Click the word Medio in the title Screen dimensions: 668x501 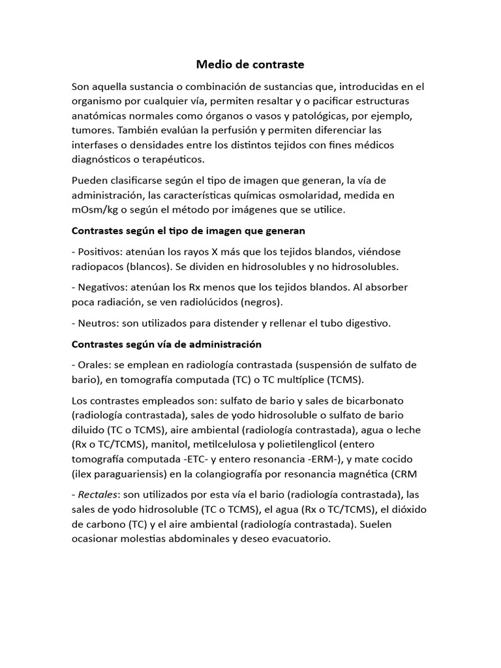(213, 65)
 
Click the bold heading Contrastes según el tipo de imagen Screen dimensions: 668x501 (188, 231)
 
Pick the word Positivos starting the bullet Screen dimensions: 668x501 (99, 252)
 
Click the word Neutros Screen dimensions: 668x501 (97, 323)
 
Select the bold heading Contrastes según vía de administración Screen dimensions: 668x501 (166, 344)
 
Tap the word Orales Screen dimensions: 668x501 (94, 365)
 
